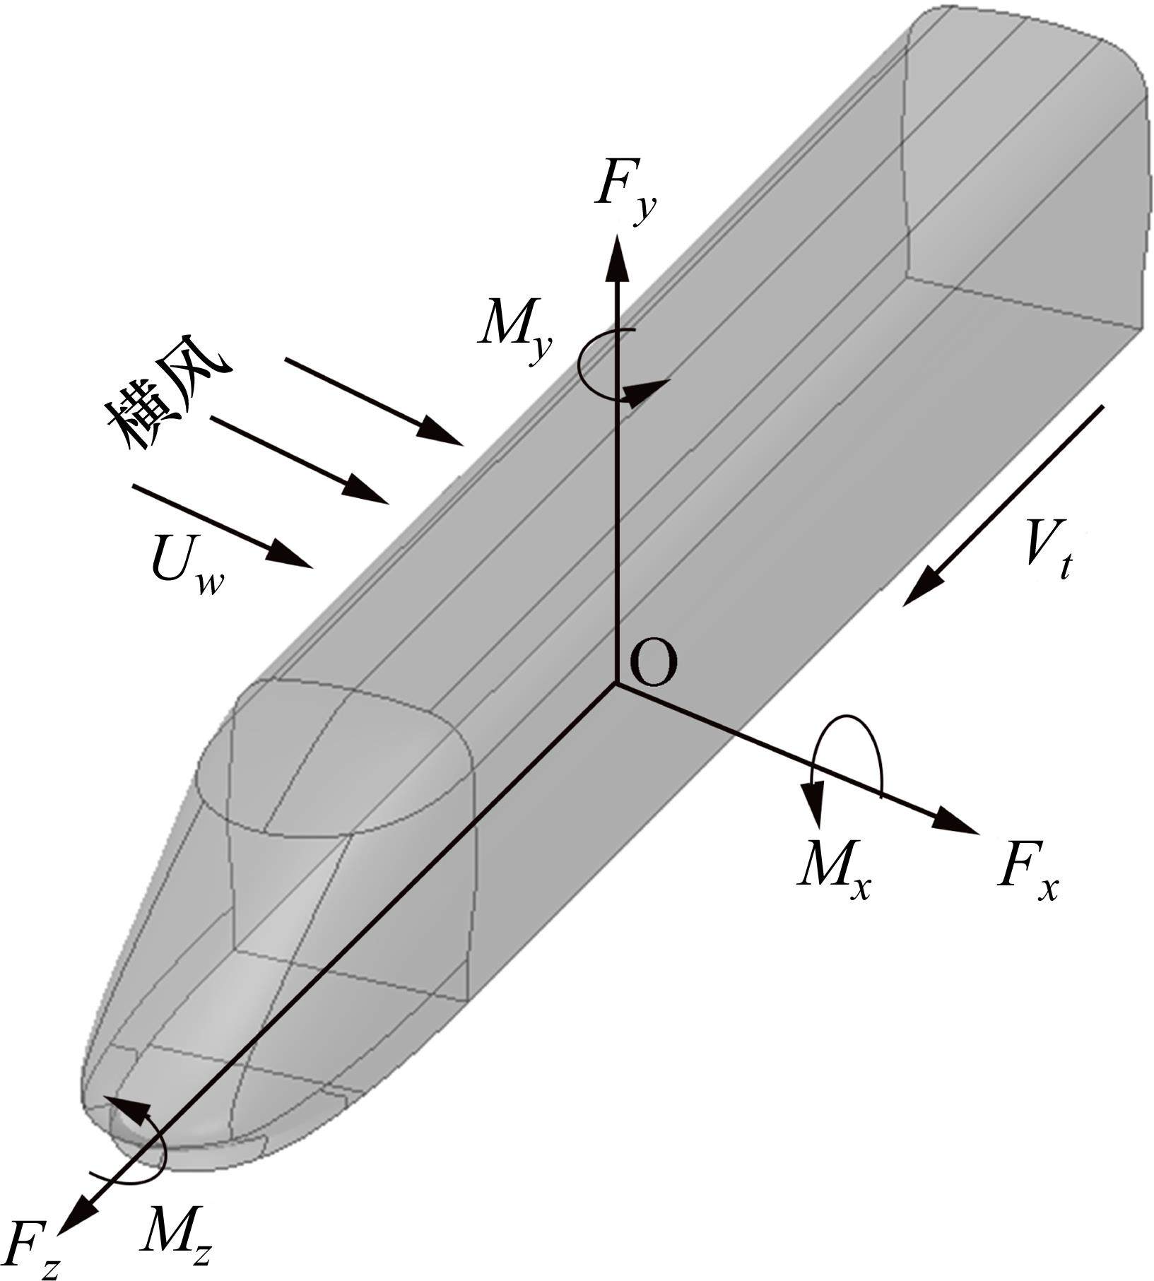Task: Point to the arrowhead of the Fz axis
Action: coord(76,1217)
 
